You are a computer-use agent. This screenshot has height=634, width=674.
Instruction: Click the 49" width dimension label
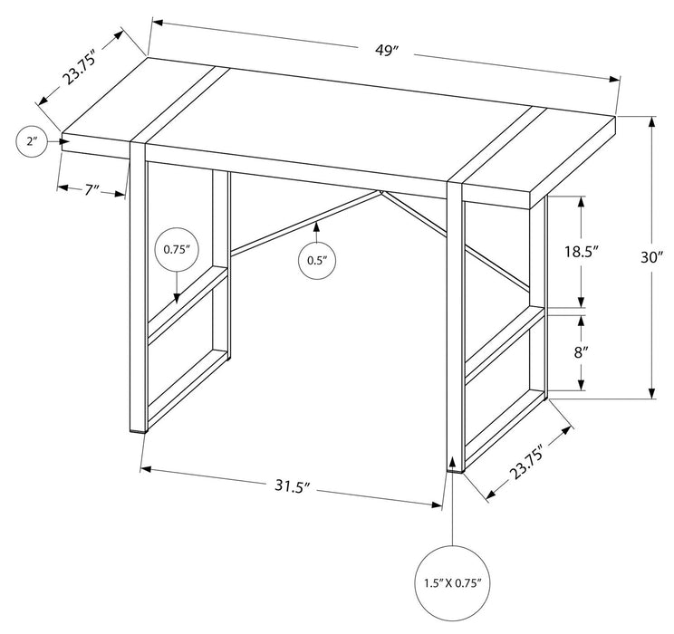click(387, 52)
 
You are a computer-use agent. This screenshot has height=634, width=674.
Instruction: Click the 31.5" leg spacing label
click(292, 485)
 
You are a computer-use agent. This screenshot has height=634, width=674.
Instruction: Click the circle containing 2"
click(34, 141)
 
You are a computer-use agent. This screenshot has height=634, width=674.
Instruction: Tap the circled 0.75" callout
click(176, 249)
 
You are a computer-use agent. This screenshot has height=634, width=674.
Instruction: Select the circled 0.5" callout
click(316, 260)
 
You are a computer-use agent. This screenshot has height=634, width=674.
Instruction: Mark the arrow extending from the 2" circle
click(60, 141)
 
